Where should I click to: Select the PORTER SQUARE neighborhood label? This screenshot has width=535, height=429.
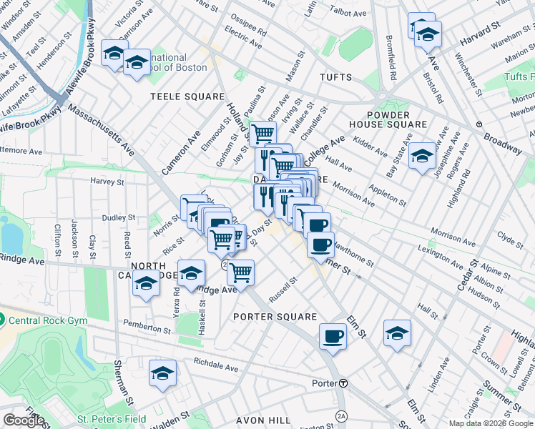click(x=275, y=316)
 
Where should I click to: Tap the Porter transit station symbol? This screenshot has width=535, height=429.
click(x=344, y=383)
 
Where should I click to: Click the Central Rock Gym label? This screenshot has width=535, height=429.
click(x=47, y=320)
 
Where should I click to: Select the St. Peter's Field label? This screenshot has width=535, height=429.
click(x=111, y=419)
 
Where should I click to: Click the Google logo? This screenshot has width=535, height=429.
click(x=24, y=420)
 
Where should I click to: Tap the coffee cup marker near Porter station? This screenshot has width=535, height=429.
click(x=333, y=336)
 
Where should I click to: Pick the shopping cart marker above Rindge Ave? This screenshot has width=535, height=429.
click(x=240, y=272)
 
